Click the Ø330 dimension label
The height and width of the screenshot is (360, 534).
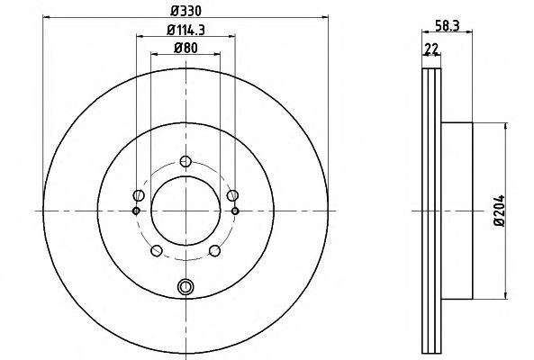point(186,11)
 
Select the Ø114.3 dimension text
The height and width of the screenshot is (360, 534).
point(186,31)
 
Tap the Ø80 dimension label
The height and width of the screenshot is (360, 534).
point(186,48)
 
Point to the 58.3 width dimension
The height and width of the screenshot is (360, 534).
point(448,25)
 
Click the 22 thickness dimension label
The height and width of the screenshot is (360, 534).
point(431,49)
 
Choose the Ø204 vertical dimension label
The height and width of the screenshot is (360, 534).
point(500,211)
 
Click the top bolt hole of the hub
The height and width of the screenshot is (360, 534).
point(186,161)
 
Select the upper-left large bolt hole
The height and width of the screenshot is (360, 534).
point(139,195)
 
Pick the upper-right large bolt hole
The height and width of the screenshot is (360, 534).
point(232,195)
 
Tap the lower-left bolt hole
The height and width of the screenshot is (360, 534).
point(157,251)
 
